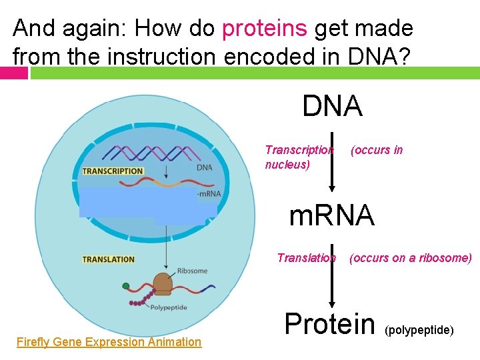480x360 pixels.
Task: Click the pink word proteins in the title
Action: tap(265, 29)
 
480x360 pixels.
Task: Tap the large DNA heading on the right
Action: tap(332, 106)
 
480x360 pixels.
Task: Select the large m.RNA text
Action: tap(331, 215)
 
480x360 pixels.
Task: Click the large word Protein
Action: tap(329, 323)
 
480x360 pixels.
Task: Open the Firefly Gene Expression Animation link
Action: tap(109, 342)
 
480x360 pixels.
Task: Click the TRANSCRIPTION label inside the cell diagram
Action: tap(112, 171)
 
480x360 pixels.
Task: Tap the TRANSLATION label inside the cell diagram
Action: tap(108, 259)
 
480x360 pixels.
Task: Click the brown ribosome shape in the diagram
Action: tap(163, 283)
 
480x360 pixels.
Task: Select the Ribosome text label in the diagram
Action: tap(192, 271)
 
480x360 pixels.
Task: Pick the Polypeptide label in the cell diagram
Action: tap(168, 307)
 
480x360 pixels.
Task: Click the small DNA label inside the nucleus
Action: tap(205, 167)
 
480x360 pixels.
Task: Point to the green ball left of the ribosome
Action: tap(126, 287)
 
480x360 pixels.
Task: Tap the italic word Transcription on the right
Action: tap(299, 150)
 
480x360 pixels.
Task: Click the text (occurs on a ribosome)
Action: tap(410, 258)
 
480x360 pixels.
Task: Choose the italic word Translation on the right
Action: tap(306, 258)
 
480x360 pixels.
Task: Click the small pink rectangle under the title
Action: tap(14, 73)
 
